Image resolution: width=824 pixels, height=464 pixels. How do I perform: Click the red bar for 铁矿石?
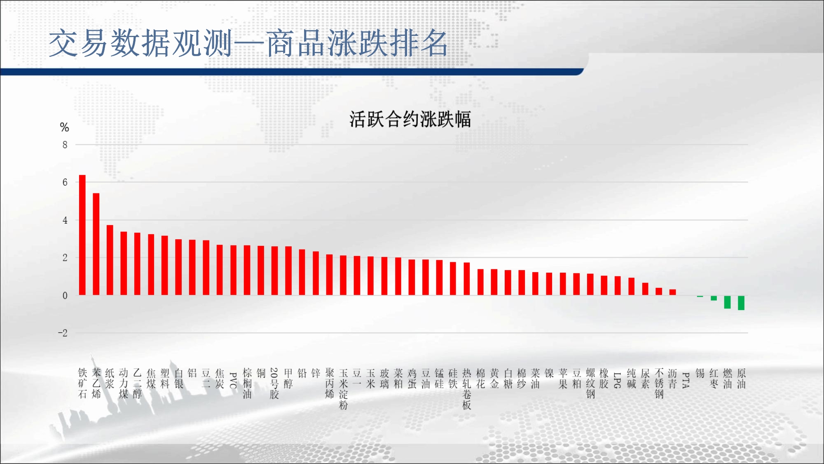pos(82,235)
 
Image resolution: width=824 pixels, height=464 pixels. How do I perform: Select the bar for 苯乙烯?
pos(96,244)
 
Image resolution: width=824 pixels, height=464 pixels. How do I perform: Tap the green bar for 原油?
pos(741,303)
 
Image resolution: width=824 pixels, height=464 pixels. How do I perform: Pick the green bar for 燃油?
pos(728,302)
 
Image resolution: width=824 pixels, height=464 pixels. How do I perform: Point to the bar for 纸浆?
pos(110,260)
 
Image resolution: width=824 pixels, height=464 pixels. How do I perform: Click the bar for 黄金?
pos(494,282)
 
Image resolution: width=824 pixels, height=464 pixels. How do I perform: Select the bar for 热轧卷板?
pos(467,279)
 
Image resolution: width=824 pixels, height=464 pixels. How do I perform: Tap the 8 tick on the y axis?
pos(65,145)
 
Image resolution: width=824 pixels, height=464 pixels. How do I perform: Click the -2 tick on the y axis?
pos(63,333)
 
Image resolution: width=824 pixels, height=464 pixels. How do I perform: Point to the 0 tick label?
pos(65,295)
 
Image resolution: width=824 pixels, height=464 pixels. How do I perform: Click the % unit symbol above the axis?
pos(64,127)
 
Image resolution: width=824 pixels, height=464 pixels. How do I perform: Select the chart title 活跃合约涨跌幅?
pos(410,119)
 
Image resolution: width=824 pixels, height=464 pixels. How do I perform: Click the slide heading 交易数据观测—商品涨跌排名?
pos(248,43)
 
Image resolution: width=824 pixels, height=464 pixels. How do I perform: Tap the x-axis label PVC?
pos(233,380)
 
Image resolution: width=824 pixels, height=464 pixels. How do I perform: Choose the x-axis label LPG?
pos(618,380)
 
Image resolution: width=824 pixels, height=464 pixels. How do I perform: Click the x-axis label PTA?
pos(686,380)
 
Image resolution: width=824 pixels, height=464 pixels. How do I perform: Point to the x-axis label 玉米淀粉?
pos(343,389)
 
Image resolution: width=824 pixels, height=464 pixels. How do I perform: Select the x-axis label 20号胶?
pos(274,384)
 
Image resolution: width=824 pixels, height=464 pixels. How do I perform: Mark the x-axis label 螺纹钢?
pos(590,384)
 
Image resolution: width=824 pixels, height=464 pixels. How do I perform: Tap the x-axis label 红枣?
pos(714,379)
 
